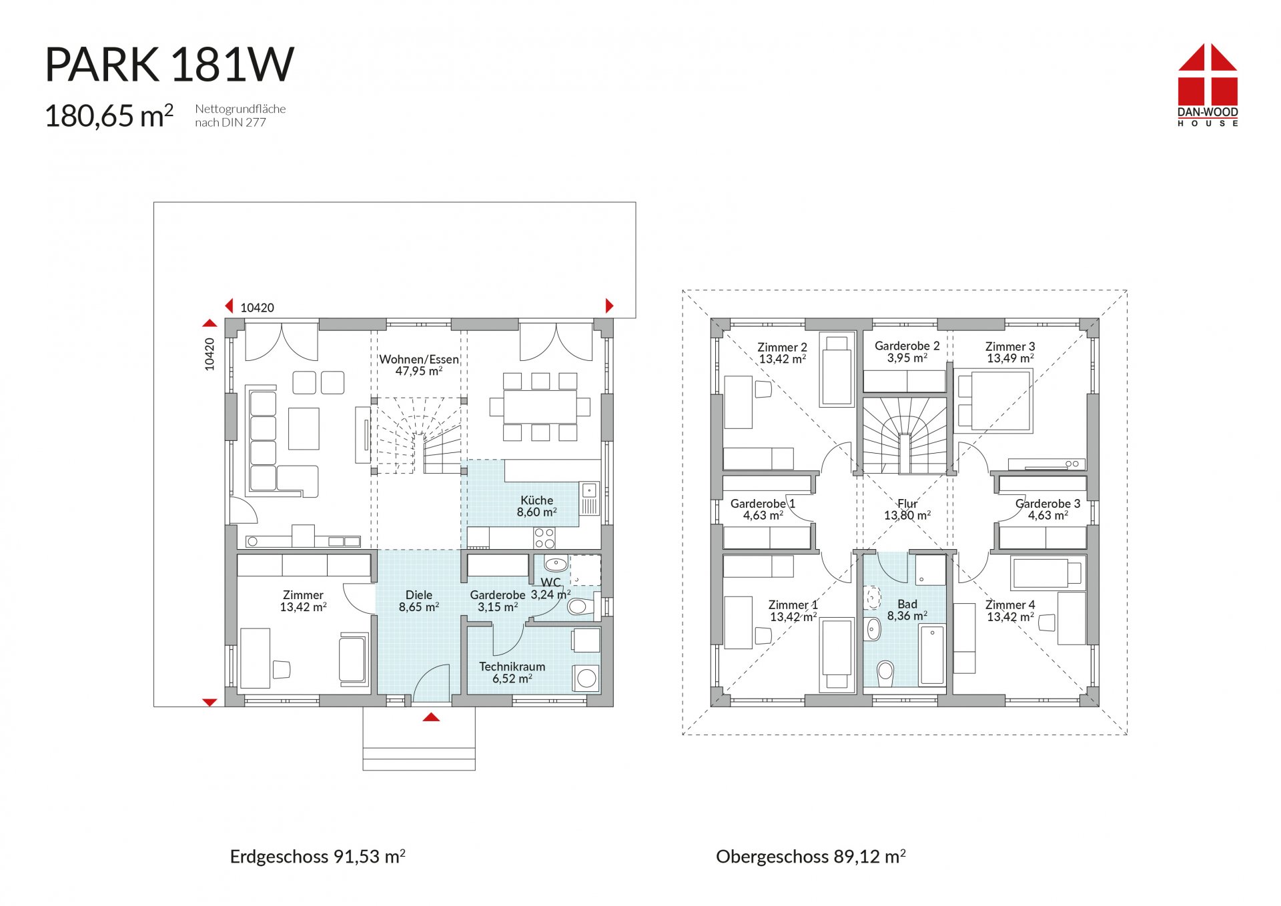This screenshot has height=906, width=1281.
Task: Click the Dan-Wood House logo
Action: [x=1208, y=85]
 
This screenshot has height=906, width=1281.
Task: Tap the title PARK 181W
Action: [x=169, y=65]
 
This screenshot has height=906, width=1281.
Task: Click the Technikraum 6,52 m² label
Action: [x=512, y=672]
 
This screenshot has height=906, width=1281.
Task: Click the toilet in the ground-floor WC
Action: [x=578, y=606]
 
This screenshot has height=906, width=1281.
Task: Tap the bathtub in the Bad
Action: [x=932, y=654]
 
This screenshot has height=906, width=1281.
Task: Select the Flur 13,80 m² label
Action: [x=907, y=510]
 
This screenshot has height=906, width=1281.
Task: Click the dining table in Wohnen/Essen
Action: [x=540, y=406]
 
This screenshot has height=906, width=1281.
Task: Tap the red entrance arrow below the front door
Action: [x=432, y=717]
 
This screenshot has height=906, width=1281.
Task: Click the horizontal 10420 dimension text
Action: [x=257, y=308]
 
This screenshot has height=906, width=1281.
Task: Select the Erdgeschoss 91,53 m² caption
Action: [x=318, y=857]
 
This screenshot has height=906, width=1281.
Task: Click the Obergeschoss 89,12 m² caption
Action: [x=811, y=857]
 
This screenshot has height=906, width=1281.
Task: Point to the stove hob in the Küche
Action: [x=544, y=537]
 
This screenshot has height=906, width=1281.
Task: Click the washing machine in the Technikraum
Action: [x=586, y=678]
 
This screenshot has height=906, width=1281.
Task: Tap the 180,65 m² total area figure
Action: [x=109, y=115]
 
